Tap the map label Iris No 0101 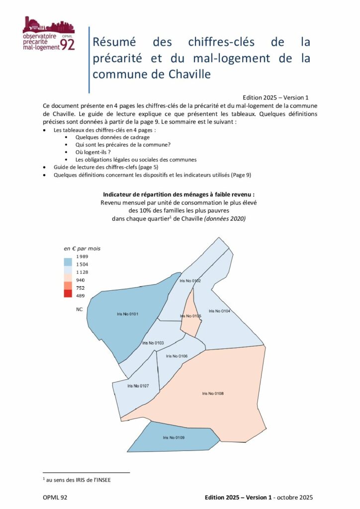(x=128, y=314)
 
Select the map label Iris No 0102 (x=190, y=281)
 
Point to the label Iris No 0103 (x=153, y=343)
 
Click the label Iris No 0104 (x=219, y=311)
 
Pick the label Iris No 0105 (x=190, y=316)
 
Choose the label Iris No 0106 (x=177, y=356)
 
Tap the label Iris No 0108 (x=213, y=393)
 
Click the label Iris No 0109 (x=174, y=437)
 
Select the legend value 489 (x=80, y=296)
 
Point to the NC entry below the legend (x=79, y=309)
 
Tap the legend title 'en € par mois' (x=82, y=248)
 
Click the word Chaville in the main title (x=186, y=74)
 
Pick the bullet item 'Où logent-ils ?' (x=92, y=152)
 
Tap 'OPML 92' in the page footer (x=56, y=497)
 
